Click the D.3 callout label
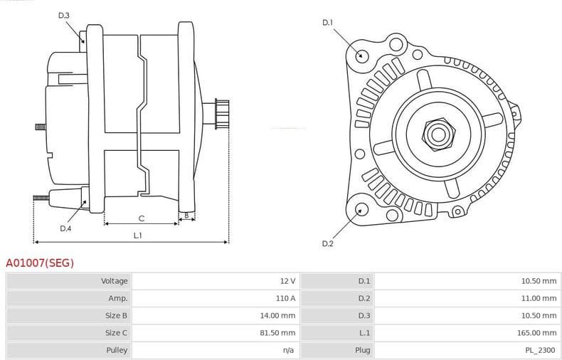[64, 16]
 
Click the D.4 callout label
[65, 228]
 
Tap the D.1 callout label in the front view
[327, 23]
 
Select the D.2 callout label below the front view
[327, 243]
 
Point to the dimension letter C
[142, 218]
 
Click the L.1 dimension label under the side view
[138, 235]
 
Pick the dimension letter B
[186, 215]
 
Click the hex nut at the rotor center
[435, 133]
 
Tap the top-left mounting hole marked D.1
[361, 55]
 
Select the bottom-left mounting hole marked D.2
[361, 209]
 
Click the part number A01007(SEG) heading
[40, 263]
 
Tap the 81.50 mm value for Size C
[279, 333]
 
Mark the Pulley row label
[117, 350]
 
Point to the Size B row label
[116, 315]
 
